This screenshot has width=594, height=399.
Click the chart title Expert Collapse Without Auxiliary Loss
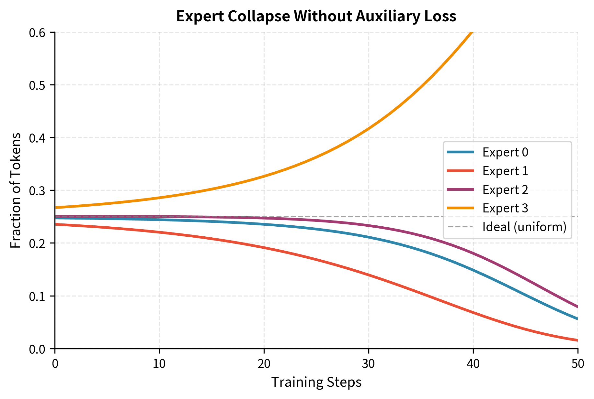(x=316, y=16)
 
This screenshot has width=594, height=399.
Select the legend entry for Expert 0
(x=505, y=152)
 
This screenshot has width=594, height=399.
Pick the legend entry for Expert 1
(x=505, y=171)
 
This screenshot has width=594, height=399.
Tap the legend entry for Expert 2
(x=505, y=189)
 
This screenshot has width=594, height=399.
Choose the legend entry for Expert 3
(x=505, y=208)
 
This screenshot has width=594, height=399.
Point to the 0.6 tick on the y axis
(x=38, y=33)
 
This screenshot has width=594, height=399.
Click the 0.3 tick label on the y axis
(x=38, y=191)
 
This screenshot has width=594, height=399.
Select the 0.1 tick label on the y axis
(x=38, y=296)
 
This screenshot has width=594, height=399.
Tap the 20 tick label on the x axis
(x=264, y=364)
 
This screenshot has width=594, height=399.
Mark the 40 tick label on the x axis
(x=473, y=364)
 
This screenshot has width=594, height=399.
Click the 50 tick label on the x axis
(x=577, y=364)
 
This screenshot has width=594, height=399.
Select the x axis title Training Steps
(x=316, y=382)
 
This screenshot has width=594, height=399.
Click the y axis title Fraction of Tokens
(x=16, y=190)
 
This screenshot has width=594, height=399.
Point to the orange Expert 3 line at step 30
(x=369, y=129)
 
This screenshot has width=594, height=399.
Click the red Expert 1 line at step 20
(x=264, y=248)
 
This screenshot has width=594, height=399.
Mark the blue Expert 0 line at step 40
(x=473, y=270)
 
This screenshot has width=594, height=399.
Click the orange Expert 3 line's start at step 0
(x=56, y=208)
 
